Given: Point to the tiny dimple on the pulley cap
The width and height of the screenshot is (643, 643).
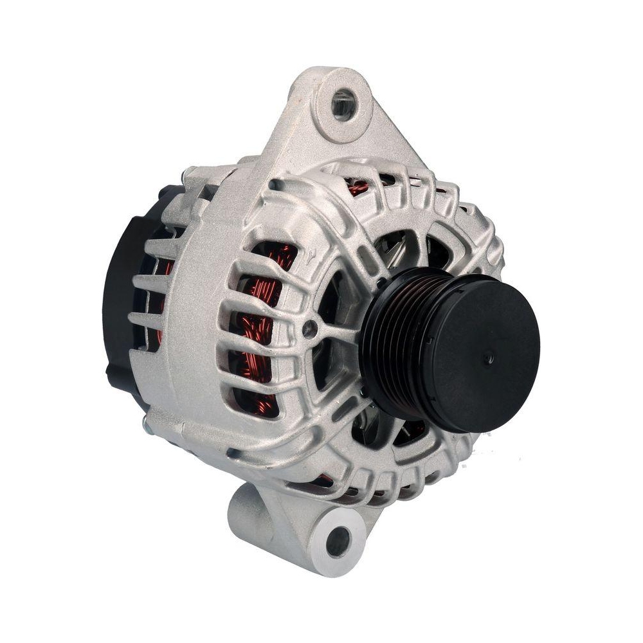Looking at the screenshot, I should tap(491, 352).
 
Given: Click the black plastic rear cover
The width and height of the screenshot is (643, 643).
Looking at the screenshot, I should tap(122, 283).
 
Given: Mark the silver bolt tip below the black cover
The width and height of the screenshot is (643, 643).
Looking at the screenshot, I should tap(145, 423).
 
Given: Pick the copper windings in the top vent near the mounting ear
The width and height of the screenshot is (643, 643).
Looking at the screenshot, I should tap(358, 187).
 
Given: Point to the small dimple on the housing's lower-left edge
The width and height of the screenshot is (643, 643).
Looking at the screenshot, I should tap(232, 454).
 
